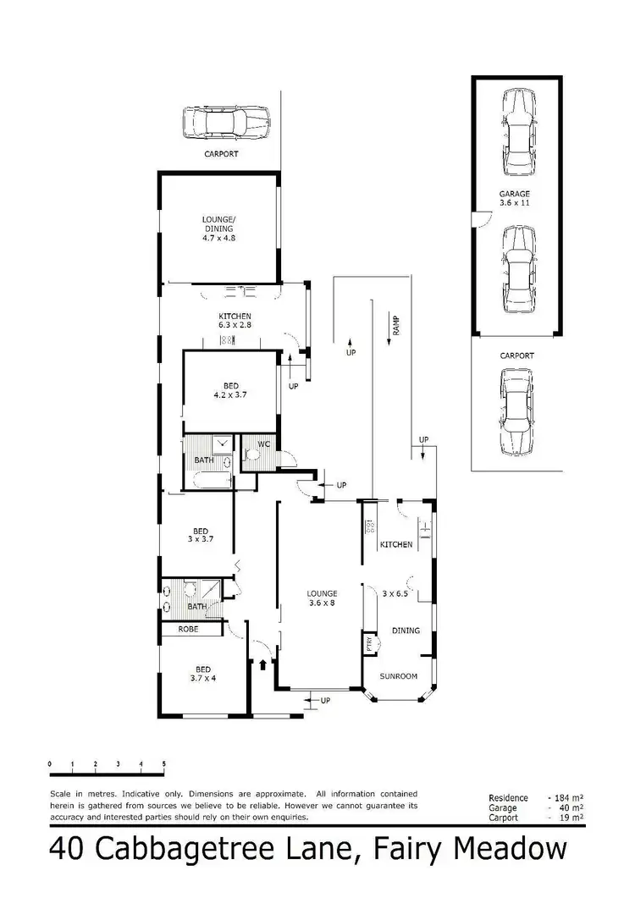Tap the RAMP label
click(395, 322)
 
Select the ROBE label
click(188, 630)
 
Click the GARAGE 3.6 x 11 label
click(514, 199)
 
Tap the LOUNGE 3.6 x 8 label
click(323, 598)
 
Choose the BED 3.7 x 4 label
click(201, 673)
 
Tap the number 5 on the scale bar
click(163, 763)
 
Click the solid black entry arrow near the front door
click(262, 664)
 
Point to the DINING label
click(405, 631)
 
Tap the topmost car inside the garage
click(516, 120)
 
